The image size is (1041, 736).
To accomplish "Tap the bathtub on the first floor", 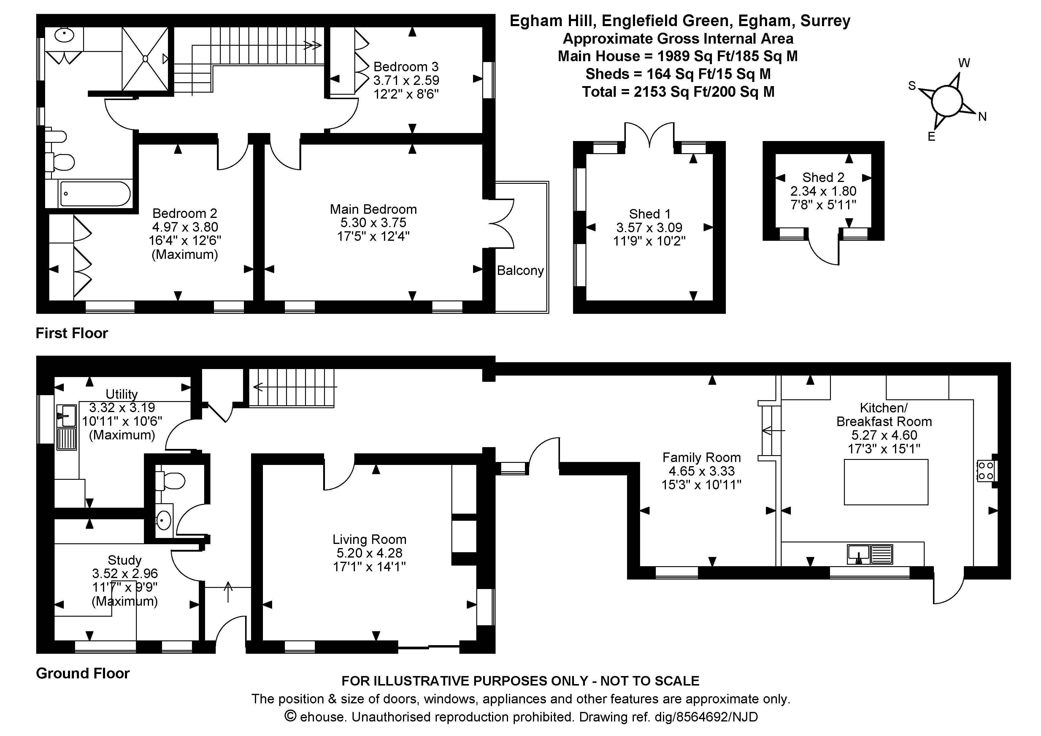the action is [x=95, y=194].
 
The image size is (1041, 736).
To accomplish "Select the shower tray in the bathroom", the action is [x=145, y=59].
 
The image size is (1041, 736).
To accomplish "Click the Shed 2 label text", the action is [x=823, y=177].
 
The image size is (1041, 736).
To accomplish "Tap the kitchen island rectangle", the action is [x=886, y=482].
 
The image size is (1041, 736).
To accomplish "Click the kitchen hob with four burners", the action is [x=986, y=471].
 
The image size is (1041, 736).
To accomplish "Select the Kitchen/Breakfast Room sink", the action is [x=869, y=555].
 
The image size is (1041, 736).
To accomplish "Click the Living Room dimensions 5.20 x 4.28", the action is [x=369, y=553].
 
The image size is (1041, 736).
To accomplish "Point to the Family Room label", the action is [x=702, y=457].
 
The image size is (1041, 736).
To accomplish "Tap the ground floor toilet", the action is [x=170, y=481].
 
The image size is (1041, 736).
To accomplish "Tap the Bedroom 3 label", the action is [x=406, y=67].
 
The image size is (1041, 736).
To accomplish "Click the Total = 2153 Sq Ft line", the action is [x=678, y=92].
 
